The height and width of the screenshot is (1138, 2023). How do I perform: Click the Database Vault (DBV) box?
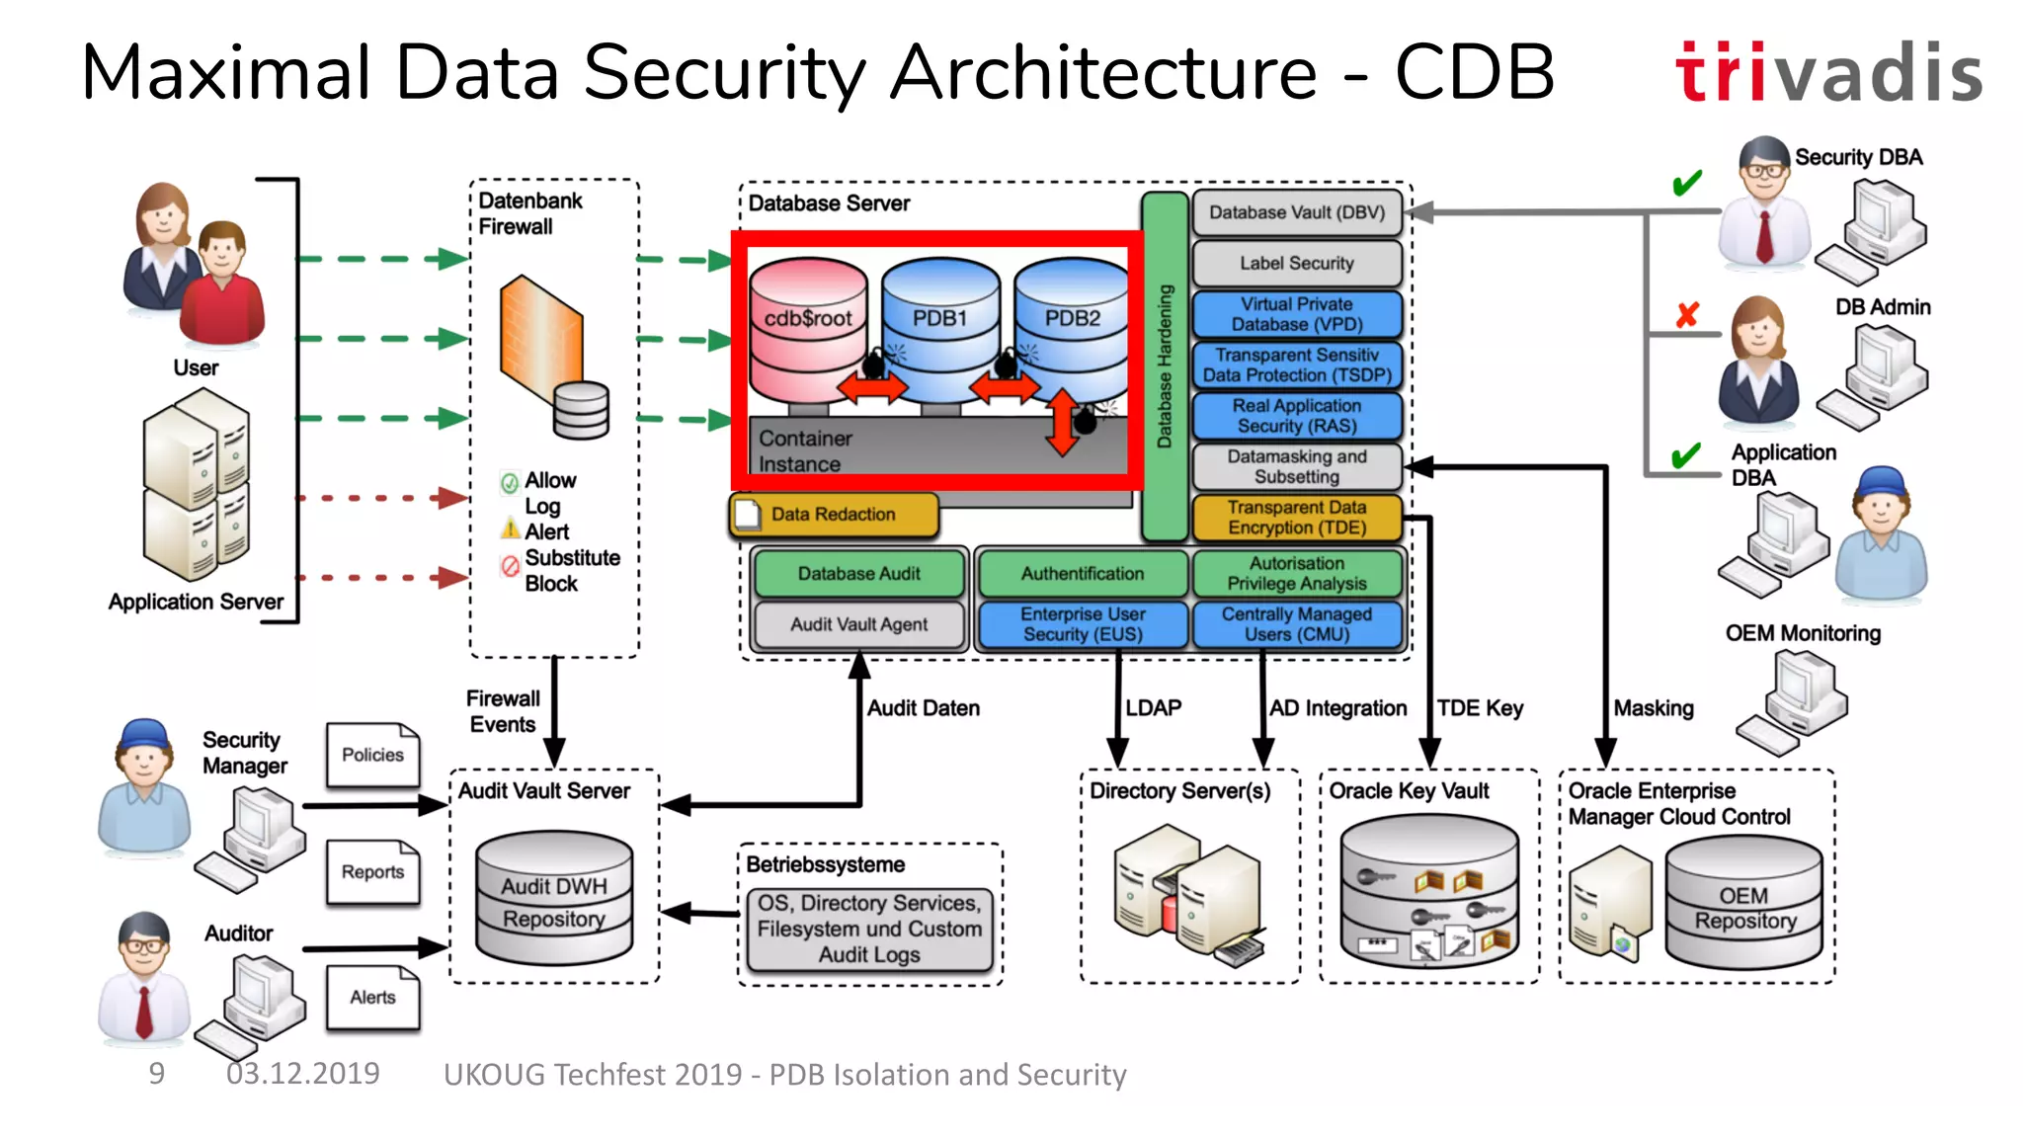coord(1296,212)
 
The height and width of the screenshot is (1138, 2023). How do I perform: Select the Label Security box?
coord(1296,264)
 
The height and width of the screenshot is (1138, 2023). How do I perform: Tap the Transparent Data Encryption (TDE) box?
coord(1296,518)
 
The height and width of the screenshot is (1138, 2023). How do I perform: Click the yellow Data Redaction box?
coord(833,515)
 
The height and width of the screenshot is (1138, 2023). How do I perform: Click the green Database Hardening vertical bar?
coord(1165,366)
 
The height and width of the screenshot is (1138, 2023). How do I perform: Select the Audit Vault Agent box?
coord(858,624)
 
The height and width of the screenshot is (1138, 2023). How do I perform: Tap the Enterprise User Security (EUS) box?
coord(1083,624)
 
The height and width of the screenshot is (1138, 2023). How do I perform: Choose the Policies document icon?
coord(372,755)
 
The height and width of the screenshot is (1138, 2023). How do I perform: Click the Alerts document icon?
coord(372,998)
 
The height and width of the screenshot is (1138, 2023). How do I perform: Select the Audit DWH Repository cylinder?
coord(553,899)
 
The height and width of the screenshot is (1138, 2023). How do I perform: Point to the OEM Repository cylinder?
coord(1743,904)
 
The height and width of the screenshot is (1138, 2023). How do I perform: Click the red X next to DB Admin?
coord(1687,315)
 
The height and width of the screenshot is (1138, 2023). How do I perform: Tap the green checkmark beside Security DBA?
coord(1687,184)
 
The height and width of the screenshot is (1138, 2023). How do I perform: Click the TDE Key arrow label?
coord(1480,708)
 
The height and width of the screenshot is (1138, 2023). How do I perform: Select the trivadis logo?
coord(1828,72)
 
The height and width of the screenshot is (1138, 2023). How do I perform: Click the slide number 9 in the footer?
coord(156,1074)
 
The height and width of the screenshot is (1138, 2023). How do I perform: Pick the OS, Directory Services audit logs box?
coord(869,929)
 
